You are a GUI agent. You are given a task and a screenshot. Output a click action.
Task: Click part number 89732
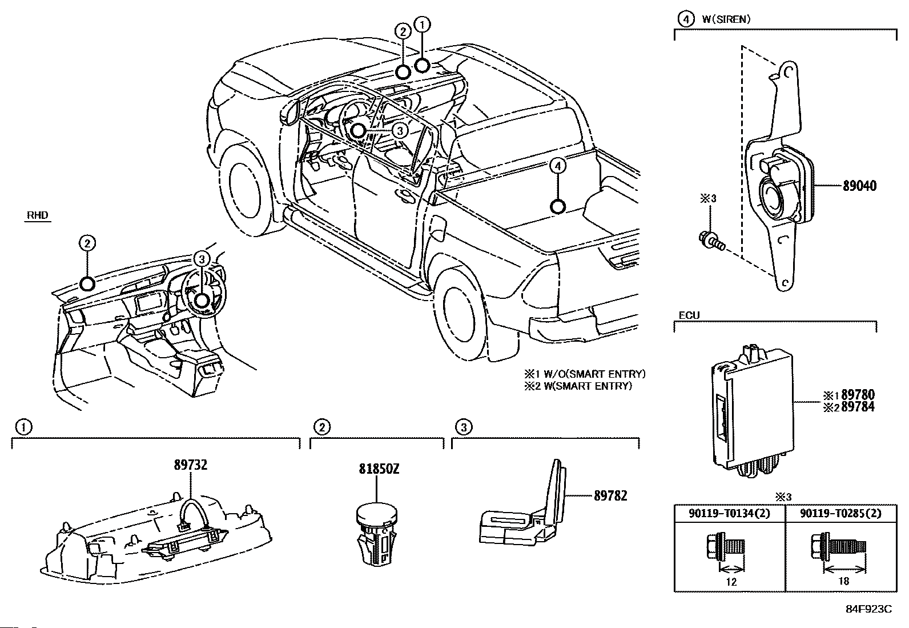190,465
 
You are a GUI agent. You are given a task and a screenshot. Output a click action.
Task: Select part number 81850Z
379,469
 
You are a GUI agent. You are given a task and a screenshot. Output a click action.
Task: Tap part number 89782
610,495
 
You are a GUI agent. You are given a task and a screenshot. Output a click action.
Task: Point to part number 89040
859,186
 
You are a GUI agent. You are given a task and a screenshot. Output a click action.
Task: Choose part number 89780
858,394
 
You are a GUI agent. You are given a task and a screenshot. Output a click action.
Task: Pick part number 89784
858,407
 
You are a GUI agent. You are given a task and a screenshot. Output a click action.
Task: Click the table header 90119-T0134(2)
729,514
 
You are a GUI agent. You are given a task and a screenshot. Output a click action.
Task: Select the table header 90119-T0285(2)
841,514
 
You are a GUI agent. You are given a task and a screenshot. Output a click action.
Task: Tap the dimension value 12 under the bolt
731,582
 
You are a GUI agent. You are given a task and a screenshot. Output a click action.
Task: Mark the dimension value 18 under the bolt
844,581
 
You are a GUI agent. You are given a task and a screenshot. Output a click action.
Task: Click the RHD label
37,215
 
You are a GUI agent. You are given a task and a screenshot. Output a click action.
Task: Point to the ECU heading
689,315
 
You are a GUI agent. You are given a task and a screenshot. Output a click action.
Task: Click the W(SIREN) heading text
726,19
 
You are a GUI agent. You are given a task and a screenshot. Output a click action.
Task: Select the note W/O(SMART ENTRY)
594,374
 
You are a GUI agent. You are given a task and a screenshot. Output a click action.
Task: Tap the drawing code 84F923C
869,609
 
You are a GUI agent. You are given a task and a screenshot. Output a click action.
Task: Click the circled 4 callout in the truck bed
558,166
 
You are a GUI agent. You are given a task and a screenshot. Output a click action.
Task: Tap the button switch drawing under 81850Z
377,535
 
